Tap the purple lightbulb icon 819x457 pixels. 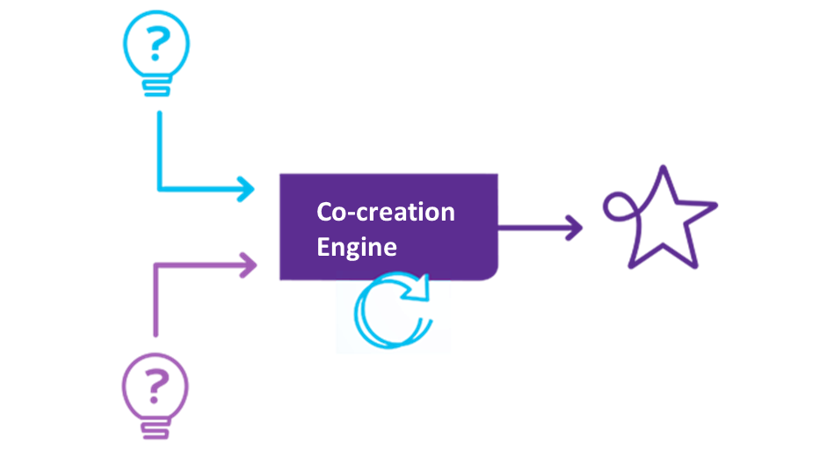[156, 392]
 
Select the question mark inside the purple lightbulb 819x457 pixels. [156, 384]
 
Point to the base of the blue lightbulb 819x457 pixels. [156, 87]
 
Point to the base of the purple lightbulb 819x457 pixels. [156, 430]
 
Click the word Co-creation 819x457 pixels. [386, 212]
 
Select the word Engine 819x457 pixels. [357, 246]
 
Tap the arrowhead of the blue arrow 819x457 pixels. [247, 189]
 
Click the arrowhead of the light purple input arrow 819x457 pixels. [249, 263]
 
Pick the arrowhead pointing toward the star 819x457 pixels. [576, 228]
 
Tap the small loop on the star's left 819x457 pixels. [617, 207]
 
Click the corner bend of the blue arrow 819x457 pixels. [159, 189]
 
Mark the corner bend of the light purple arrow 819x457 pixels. [156, 264]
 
